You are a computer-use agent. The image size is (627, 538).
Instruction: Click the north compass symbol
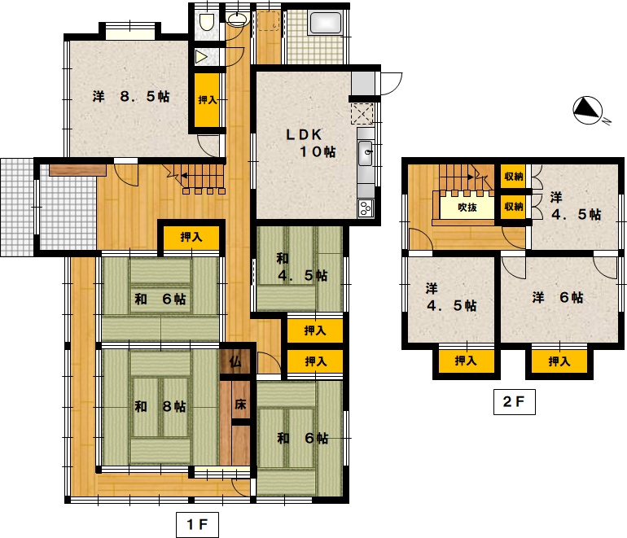tap(587, 110)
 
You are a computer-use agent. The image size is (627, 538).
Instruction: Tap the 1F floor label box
tap(197, 524)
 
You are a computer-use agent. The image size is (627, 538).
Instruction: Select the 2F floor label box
tap(515, 402)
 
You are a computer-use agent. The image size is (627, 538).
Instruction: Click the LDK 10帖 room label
tap(311, 142)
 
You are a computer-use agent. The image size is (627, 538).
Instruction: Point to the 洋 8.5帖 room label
tap(131, 96)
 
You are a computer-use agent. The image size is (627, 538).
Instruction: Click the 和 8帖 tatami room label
tap(160, 406)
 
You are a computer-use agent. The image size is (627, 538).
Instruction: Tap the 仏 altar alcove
tap(235, 361)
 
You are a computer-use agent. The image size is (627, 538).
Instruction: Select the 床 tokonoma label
tap(240, 404)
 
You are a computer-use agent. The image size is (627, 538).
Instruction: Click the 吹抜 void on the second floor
tap(467, 207)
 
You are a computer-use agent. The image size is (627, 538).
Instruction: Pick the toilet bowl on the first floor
tap(206, 22)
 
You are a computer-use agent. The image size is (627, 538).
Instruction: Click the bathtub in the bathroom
tap(326, 23)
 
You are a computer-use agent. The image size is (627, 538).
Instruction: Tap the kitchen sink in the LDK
tap(366, 153)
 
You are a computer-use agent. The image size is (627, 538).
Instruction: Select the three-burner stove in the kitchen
tap(366, 208)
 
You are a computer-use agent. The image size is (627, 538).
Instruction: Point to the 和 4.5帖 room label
tap(302, 267)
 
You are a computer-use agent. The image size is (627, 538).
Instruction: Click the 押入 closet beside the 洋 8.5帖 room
tap(207, 99)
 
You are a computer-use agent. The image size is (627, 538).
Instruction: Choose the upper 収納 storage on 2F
tap(514, 176)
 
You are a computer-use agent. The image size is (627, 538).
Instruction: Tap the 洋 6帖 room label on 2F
tap(558, 297)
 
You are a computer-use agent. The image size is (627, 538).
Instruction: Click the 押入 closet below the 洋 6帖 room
tap(559, 361)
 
